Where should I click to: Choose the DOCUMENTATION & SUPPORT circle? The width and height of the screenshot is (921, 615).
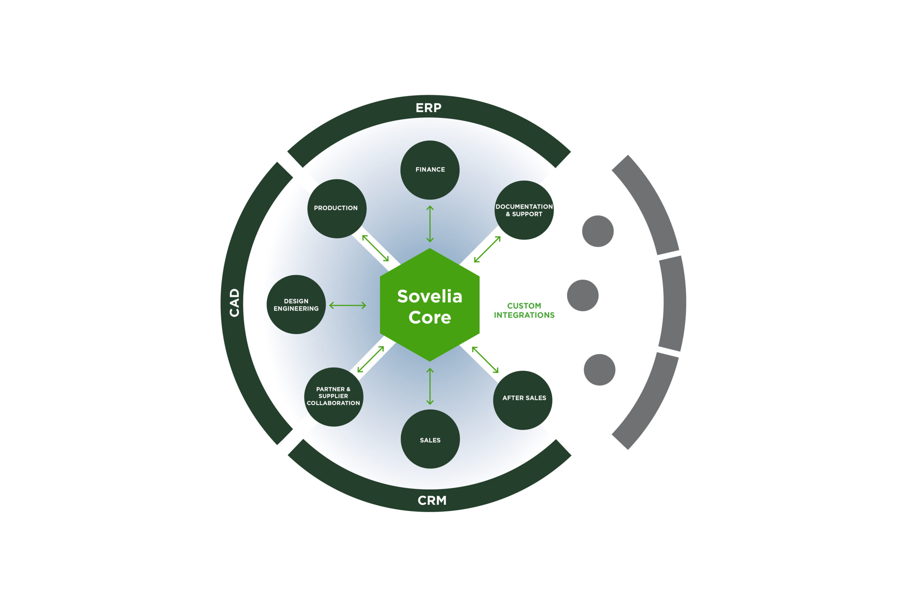[x=524, y=210]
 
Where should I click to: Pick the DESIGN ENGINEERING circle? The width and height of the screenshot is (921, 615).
[x=296, y=304]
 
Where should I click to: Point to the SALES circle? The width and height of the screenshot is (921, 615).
[x=430, y=439]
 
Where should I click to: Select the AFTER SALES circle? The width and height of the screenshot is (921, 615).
[x=522, y=400]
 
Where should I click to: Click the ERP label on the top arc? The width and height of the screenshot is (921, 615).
[x=428, y=108]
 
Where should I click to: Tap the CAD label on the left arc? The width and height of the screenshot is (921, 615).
[x=234, y=302]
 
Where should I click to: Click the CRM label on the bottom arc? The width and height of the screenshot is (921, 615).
[x=432, y=500]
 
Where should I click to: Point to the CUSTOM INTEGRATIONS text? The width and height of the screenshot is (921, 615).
[x=524, y=310]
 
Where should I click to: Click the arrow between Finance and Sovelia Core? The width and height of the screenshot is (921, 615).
[x=430, y=224]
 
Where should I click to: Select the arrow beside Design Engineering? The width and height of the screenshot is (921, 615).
[x=348, y=305]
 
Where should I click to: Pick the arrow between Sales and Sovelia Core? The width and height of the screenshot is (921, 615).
[x=430, y=386]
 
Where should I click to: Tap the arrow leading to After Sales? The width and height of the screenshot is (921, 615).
[x=485, y=360]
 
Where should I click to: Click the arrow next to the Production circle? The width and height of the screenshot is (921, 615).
[x=375, y=248]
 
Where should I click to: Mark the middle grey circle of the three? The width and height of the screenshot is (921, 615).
[x=582, y=295]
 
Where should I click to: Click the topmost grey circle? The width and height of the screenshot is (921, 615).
[x=598, y=231]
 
